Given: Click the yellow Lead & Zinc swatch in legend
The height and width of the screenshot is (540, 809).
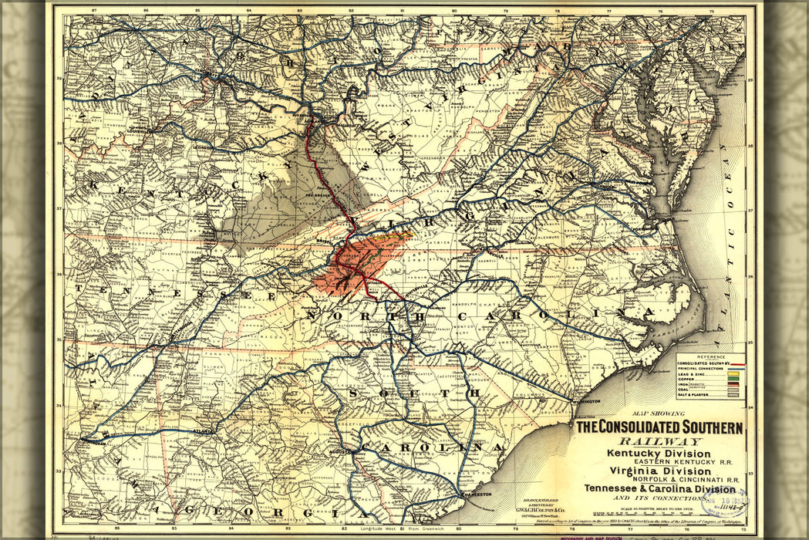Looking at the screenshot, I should click(733, 373).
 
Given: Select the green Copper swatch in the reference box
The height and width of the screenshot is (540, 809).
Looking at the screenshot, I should click(733, 379).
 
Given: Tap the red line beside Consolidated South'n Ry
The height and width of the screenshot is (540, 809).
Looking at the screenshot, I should click(738, 364).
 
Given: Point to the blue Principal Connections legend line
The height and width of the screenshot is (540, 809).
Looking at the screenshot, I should click(737, 369).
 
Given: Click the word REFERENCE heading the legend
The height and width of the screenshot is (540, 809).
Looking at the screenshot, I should click(711, 357).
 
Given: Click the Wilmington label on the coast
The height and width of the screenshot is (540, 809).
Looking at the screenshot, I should click(586, 401).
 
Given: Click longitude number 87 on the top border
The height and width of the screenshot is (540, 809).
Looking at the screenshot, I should click(94, 11).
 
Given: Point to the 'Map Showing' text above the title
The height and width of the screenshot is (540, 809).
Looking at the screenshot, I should click(659, 413).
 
